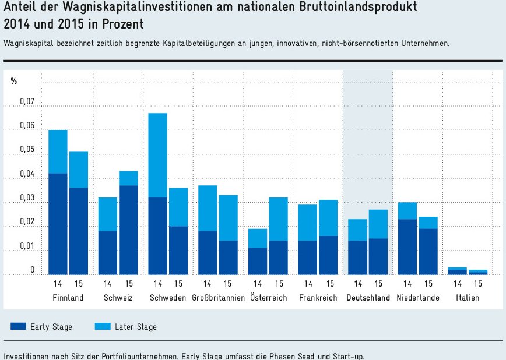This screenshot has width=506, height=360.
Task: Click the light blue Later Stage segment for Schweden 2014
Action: point(158,155)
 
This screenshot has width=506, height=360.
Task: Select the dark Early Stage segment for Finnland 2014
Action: point(58,224)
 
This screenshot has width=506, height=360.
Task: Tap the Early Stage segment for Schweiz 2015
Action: point(128,230)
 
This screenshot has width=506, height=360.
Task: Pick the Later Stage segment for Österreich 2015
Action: point(279,219)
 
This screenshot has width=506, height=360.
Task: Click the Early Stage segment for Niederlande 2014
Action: point(407,246)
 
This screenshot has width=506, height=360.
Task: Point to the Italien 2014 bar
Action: point(457,271)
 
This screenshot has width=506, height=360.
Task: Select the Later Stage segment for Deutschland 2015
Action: point(378,224)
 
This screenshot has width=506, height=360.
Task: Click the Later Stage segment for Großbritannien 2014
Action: point(208,208)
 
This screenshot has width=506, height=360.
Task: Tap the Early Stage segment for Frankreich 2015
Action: point(329,255)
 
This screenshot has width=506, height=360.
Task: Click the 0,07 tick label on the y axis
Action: point(27,103)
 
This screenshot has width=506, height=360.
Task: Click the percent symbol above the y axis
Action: point(13,81)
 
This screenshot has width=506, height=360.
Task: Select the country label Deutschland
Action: point(368,298)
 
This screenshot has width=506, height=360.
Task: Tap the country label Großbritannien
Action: point(217,298)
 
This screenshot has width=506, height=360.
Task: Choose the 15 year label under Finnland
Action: point(78,284)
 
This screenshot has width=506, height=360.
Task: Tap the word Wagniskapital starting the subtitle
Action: point(27,44)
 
